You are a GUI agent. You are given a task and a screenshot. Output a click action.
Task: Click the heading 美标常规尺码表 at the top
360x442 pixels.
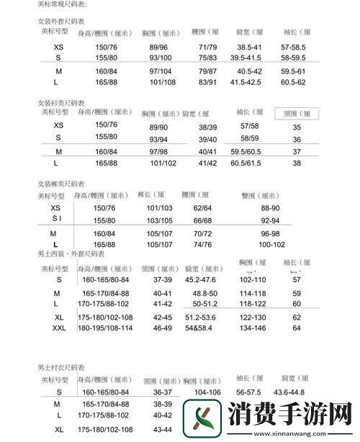(x=61, y=5)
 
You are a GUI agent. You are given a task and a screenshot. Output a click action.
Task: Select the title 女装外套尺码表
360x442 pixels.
(x=61, y=22)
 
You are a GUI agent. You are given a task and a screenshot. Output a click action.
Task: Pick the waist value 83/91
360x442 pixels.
(x=207, y=83)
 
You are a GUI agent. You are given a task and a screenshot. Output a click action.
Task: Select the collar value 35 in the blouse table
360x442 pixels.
(x=297, y=127)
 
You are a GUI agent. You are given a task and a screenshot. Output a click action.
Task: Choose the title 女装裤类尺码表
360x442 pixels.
(x=61, y=184)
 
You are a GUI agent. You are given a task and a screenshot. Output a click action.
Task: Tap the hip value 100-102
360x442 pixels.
(x=271, y=245)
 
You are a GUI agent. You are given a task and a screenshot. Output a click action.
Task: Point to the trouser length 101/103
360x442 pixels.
(x=160, y=207)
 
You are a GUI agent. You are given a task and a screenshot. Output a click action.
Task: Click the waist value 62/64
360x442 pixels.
(x=202, y=207)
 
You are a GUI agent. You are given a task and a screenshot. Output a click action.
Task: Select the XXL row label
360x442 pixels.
(x=58, y=328)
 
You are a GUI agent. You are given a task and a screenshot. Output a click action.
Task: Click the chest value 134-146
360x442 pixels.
(x=253, y=328)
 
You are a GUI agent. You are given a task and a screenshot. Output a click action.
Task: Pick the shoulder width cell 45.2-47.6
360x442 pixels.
(x=201, y=279)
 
